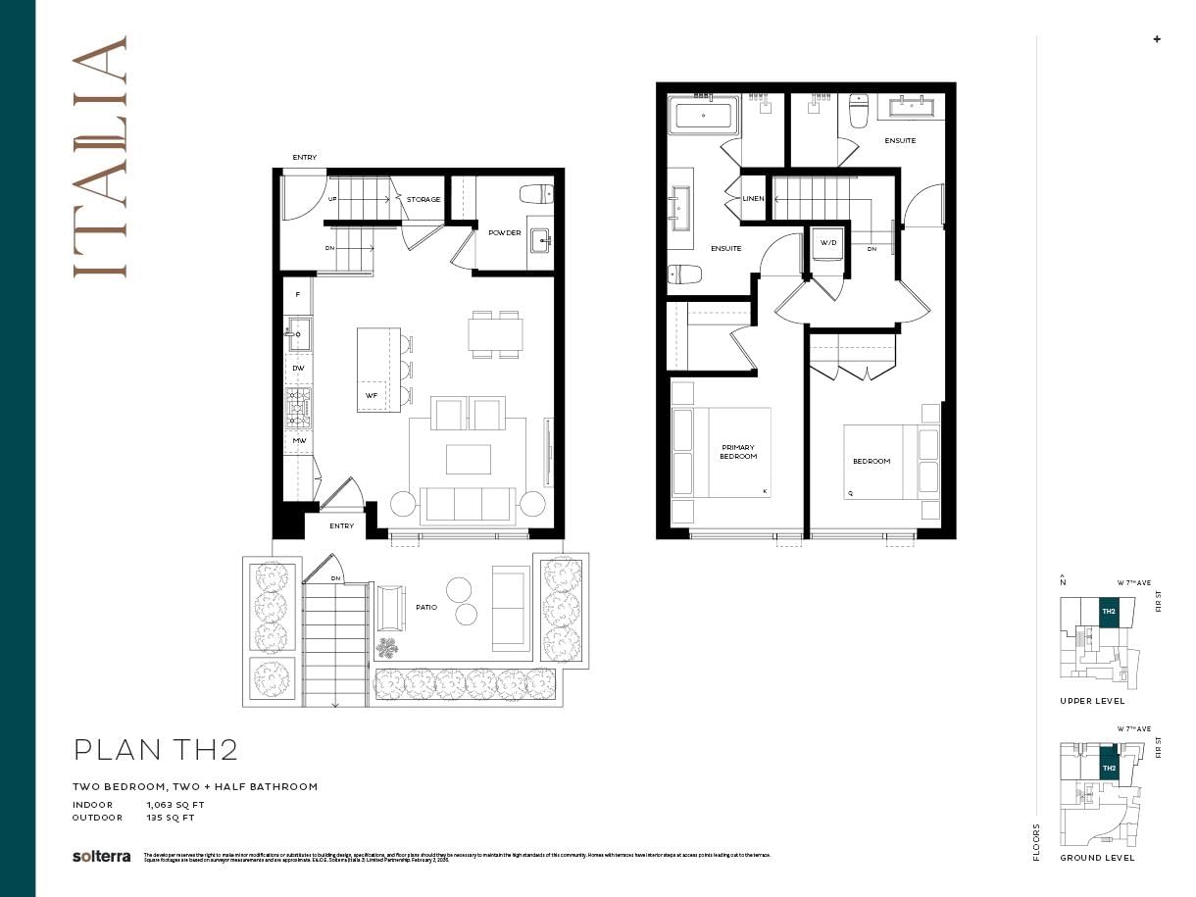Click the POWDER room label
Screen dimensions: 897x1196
point(504,232)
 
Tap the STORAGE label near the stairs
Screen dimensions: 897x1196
point(424,199)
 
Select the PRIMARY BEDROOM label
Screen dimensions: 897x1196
point(737,452)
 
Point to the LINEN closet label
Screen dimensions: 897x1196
point(753,199)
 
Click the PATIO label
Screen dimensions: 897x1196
point(425,608)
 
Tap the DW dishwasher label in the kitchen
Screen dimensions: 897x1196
point(298,369)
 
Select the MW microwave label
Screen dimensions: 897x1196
point(298,441)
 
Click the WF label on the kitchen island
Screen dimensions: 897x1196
point(371,396)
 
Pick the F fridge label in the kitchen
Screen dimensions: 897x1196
point(297,294)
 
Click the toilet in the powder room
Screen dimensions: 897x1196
point(535,193)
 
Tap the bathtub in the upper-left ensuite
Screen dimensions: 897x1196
point(704,117)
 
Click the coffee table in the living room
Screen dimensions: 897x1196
point(468,459)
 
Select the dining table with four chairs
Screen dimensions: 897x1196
point(494,334)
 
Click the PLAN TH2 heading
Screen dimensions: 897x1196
point(156,750)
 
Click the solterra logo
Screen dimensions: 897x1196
point(101,856)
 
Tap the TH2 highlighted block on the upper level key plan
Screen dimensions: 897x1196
point(1108,612)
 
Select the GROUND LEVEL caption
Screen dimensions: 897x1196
point(1097,858)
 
